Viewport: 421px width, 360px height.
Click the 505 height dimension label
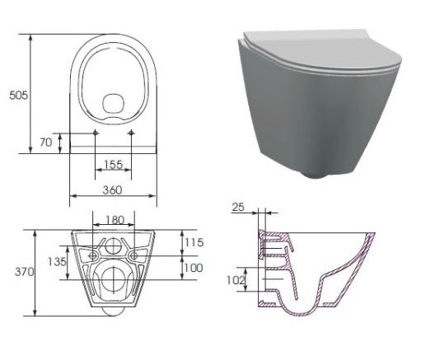17,95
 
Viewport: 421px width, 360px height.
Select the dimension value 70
46,142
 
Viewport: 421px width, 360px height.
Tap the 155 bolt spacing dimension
114,165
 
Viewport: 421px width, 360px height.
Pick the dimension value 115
194,242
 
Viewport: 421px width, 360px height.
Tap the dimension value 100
194,269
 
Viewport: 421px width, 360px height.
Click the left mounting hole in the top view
96,132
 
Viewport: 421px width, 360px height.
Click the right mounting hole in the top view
132,132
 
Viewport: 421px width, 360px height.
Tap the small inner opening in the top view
114,103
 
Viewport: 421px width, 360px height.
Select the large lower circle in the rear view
113,280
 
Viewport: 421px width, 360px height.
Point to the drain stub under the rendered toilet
317,174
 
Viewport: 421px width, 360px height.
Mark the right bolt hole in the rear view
133,255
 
